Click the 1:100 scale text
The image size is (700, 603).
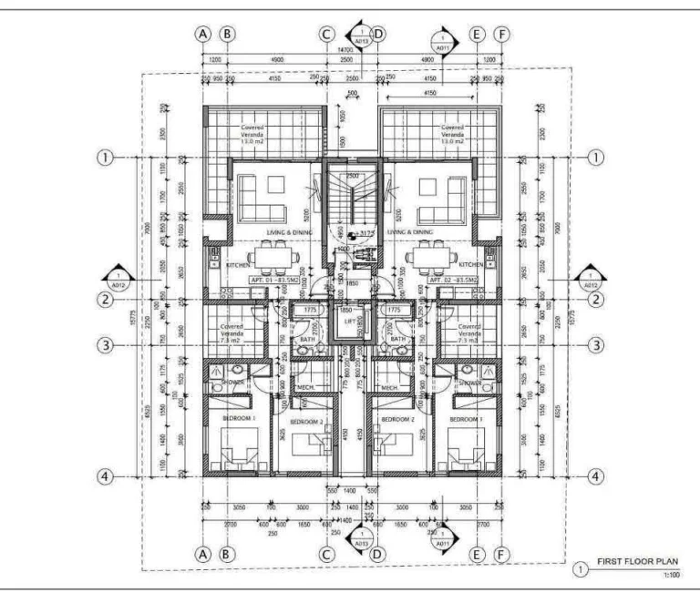point(671,575)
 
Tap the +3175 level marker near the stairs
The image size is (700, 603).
point(366,234)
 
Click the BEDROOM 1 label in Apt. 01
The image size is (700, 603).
point(241,418)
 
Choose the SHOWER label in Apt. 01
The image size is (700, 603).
point(232,383)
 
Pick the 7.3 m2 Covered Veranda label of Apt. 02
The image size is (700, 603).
point(470,332)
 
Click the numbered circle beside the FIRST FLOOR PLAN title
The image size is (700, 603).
point(579,569)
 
